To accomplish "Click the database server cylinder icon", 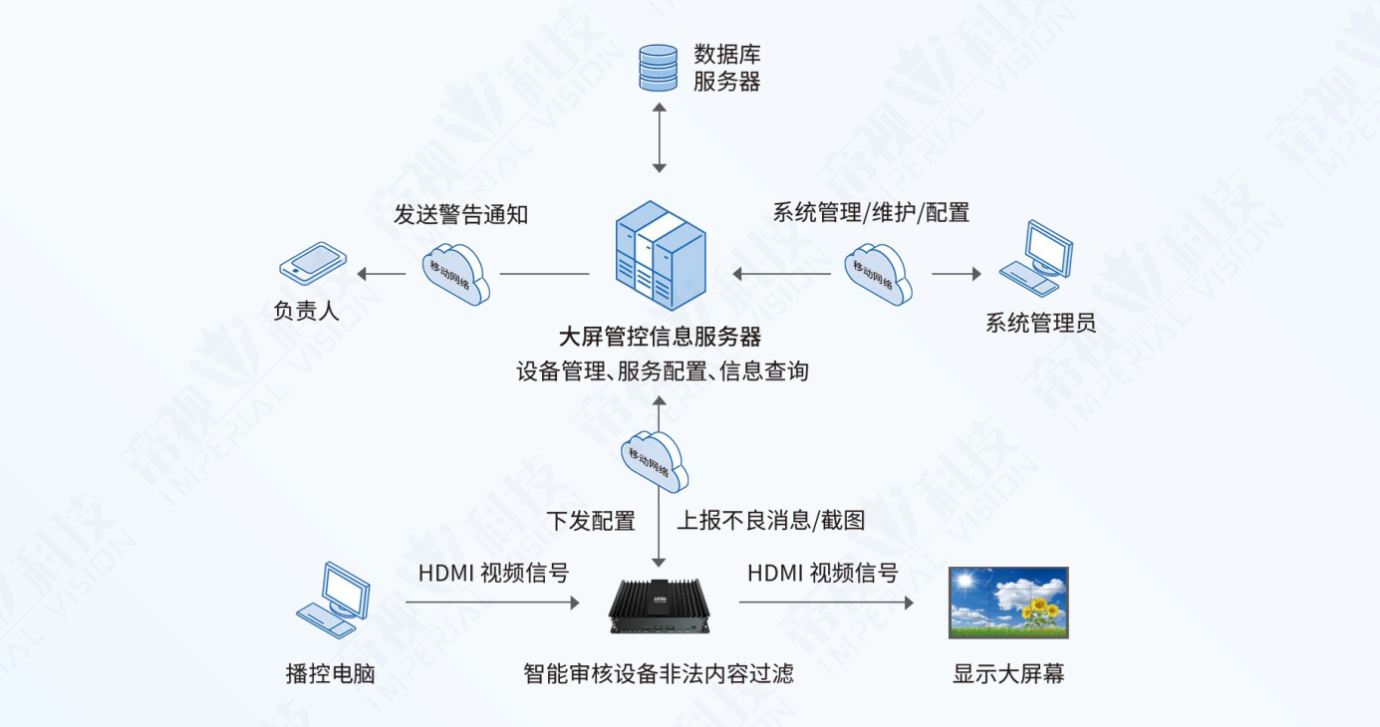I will point(658,67).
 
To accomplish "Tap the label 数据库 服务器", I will point(726,68).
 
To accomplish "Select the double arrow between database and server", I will point(658,135).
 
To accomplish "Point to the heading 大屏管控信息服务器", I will point(660,337).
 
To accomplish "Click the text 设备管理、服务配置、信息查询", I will point(663,372).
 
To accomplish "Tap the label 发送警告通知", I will point(460,214).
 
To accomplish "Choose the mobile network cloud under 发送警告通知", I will point(456,271).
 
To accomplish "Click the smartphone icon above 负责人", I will point(313,262).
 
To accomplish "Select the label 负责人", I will point(307,311).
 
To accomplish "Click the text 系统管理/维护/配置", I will point(871,212).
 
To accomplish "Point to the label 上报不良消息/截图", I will point(771,521).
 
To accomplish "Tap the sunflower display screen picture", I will point(1008,603).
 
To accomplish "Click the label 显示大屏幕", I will point(1008,674).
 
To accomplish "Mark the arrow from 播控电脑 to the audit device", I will point(492,603).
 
